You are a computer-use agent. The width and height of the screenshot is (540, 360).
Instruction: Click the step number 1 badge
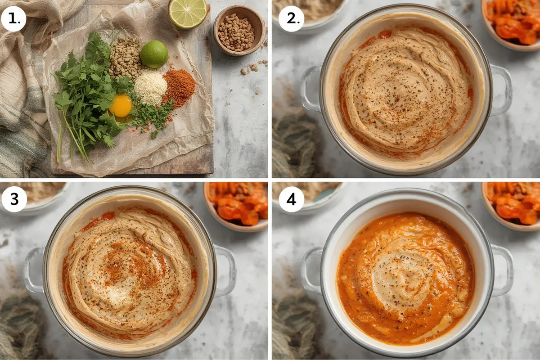click(x=14, y=19)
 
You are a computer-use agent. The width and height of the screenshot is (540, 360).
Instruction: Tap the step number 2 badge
click(x=292, y=19)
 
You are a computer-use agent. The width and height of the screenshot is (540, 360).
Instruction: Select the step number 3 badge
click(x=14, y=199)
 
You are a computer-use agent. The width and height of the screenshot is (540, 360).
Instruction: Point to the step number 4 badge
click(x=292, y=199)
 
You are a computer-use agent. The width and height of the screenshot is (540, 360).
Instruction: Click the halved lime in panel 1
click(x=188, y=14)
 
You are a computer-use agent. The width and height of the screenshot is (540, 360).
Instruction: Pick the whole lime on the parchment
click(x=154, y=54)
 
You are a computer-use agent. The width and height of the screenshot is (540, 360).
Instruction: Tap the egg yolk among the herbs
click(x=120, y=106)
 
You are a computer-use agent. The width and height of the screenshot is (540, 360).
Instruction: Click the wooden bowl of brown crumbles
click(x=239, y=31)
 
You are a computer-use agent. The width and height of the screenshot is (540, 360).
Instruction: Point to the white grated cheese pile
click(x=150, y=87)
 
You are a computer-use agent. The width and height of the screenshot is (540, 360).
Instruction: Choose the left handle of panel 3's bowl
click(x=34, y=270)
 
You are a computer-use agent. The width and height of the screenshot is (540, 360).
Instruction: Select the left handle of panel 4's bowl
click(x=312, y=270)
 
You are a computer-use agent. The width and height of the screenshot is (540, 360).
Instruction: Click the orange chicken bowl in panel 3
click(x=236, y=206)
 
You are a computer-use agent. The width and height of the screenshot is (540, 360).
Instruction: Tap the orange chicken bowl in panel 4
click(x=511, y=206)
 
